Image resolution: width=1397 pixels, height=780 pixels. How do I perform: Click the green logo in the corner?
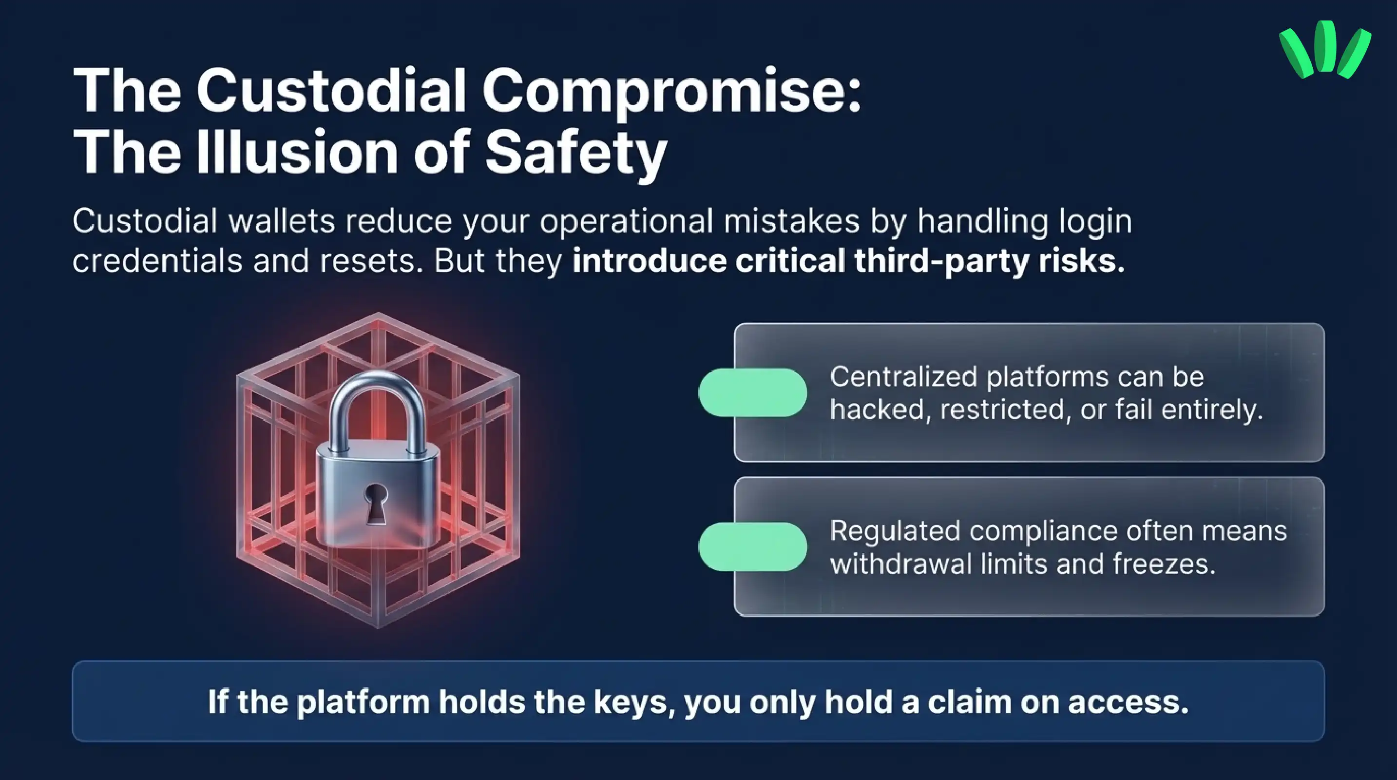[1324, 49]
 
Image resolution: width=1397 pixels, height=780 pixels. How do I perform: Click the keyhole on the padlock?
[375, 502]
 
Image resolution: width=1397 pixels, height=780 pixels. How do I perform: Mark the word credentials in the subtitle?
[157, 261]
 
